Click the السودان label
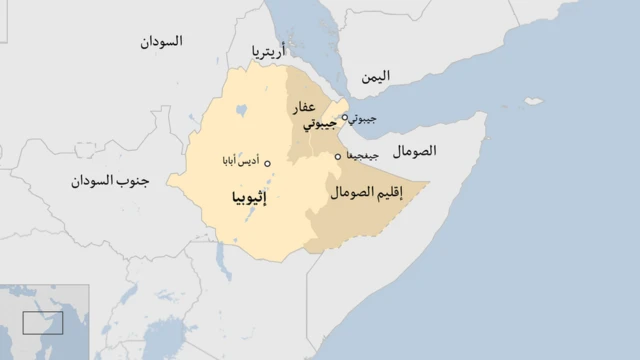click(162, 42)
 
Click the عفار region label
click(304, 107)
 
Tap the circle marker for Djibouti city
click(345, 117)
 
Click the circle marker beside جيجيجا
click(338, 156)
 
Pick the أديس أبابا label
click(238, 161)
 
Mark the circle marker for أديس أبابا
click(267, 162)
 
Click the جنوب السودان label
click(110, 181)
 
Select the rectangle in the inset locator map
click(43, 323)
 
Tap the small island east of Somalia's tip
click(534, 101)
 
